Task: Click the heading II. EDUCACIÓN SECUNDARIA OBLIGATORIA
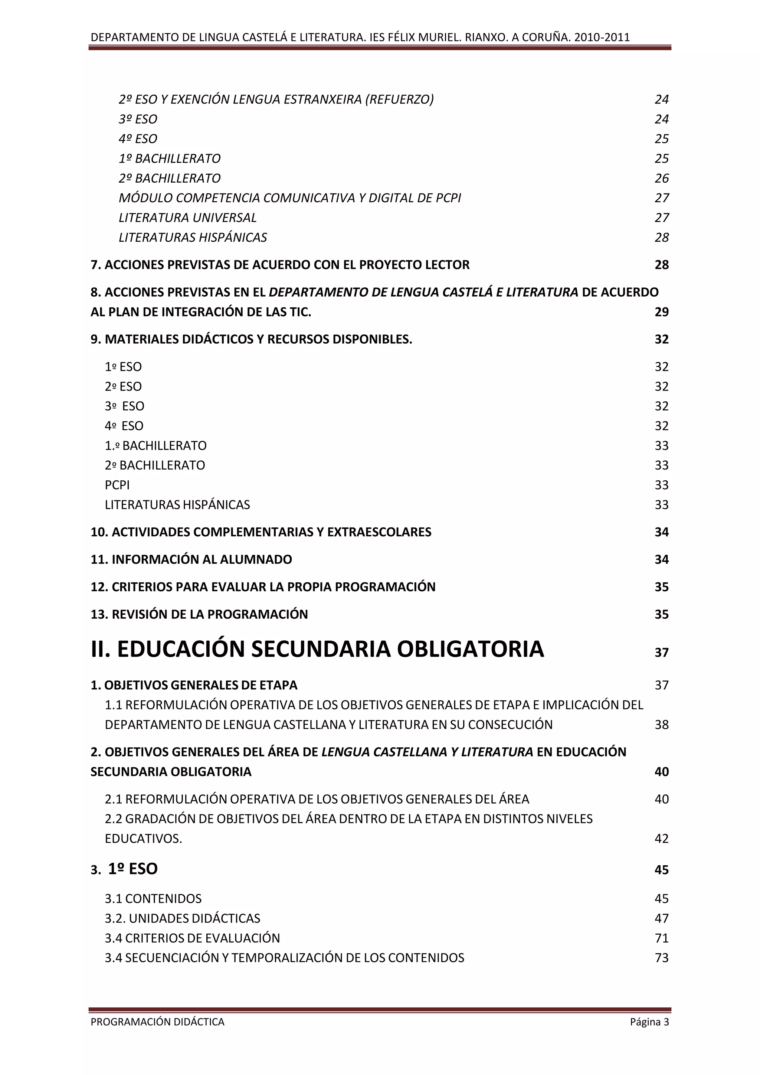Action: pyautogui.click(x=317, y=649)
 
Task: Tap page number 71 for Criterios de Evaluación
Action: pyautogui.click(x=661, y=938)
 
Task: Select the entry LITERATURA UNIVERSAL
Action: pyautogui.click(x=188, y=218)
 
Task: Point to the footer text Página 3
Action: pyautogui.click(x=649, y=1022)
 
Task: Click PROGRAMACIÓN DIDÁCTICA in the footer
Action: pyautogui.click(x=157, y=1022)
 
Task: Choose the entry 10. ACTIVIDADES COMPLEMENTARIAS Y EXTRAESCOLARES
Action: pyautogui.click(x=261, y=532)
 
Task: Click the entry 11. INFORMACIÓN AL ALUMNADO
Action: pyautogui.click(x=191, y=559)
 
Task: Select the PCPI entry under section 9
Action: pyautogui.click(x=117, y=485)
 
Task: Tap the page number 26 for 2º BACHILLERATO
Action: pyautogui.click(x=661, y=179)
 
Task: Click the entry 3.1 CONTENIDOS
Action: pyautogui.click(x=153, y=899)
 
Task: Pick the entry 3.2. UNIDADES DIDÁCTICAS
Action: pyautogui.click(x=182, y=919)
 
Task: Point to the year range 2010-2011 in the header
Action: pyautogui.click(x=602, y=37)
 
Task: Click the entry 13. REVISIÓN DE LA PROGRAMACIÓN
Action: pyautogui.click(x=199, y=614)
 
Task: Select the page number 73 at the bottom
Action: pyautogui.click(x=661, y=958)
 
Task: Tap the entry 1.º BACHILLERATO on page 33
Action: pyautogui.click(x=155, y=446)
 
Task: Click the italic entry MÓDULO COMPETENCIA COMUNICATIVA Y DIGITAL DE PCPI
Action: pyautogui.click(x=290, y=198)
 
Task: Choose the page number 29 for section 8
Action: pyautogui.click(x=661, y=312)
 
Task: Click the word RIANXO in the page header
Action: pyautogui.click(x=486, y=37)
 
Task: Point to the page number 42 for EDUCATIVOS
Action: pyautogui.click(x=661, y=839)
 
